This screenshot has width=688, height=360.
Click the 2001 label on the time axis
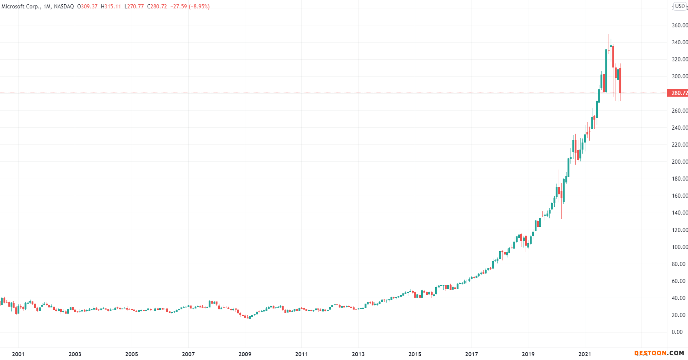(18, 354)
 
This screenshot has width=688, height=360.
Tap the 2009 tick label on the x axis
(245, 354)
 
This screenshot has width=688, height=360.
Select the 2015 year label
(415, 354)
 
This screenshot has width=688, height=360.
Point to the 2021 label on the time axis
(585, 354)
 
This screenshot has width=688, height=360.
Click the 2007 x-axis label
(188, 354)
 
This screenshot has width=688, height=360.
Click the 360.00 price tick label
(680, 25)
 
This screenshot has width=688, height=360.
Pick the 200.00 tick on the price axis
(680, 162)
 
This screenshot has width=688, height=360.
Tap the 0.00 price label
(677, 332)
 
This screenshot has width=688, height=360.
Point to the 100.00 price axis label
(680, 247)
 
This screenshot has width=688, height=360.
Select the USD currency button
(680, 6)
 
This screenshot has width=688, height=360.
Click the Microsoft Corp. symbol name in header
(21, 7)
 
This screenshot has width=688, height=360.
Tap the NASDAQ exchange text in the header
(64, 7)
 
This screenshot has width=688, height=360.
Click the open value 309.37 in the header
(89, 7)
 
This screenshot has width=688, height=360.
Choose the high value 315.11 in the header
(113, 7)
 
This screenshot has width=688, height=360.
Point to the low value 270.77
(136, 7)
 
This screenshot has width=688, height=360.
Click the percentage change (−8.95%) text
(199, 7)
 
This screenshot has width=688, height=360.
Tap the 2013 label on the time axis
(358, 354)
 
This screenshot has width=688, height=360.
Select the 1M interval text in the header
(47, 7)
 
